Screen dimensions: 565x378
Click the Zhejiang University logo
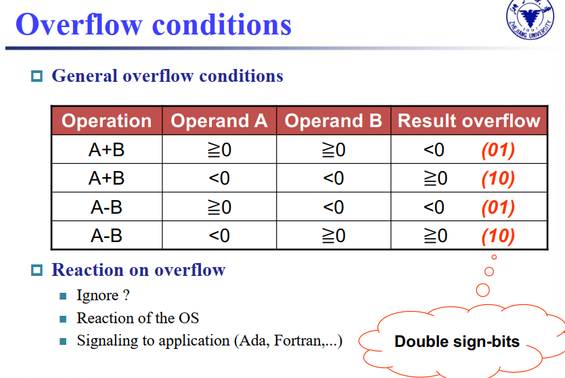[530, 19]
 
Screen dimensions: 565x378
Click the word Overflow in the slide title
[79, 24]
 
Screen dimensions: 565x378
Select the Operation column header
[107, 120]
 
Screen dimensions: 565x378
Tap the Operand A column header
[219, 120]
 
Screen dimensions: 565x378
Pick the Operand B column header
[334, 120]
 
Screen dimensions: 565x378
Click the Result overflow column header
[469, 120]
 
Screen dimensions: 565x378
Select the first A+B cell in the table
[107, 149]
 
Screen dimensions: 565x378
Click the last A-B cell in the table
[107, 236]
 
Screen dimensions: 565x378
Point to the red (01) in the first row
[498, 149]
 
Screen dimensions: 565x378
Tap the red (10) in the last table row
[498, 236]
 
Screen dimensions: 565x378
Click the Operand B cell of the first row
[334, 149]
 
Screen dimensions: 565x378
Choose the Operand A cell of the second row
[219, 179]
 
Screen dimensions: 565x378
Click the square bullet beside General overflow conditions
[37, 76]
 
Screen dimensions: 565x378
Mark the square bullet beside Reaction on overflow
[37, 270]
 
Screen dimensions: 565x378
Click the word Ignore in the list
[97, 296]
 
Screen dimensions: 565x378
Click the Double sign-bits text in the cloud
[457, 341]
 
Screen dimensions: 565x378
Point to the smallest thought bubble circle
[494, 257]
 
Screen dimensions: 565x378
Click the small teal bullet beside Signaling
[63, 341]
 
